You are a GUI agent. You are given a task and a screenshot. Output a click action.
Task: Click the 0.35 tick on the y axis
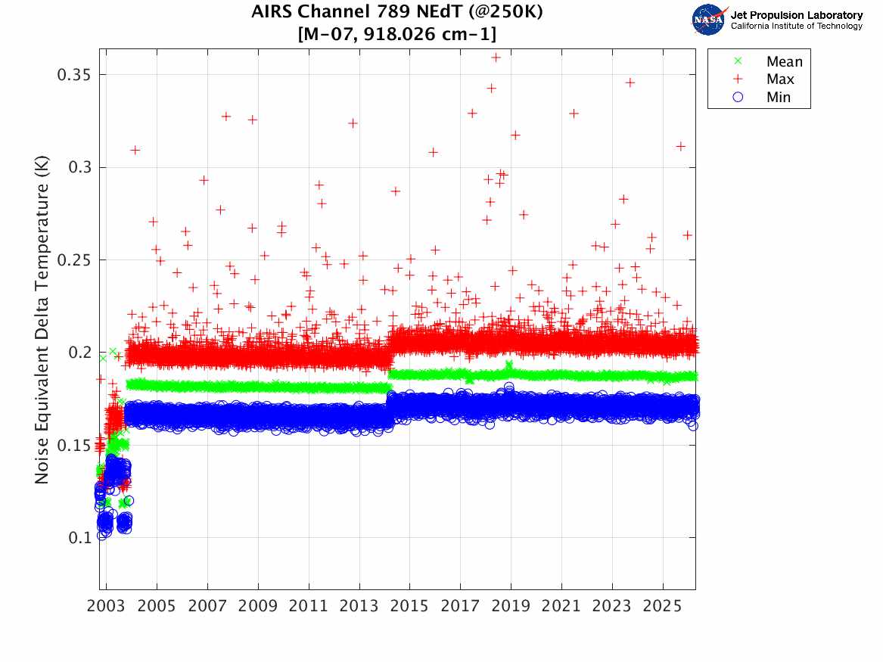(74, 75)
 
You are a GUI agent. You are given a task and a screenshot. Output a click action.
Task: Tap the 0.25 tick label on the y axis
(74, 260)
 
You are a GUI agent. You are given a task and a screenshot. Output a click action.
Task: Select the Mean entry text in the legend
(784, 62)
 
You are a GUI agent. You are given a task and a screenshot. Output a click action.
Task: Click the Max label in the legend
(780, 79)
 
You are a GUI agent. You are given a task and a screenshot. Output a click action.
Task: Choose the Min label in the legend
(779, 97)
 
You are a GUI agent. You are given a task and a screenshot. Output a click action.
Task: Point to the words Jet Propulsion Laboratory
(796, 15)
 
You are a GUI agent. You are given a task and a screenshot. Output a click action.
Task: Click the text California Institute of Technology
(796, 26)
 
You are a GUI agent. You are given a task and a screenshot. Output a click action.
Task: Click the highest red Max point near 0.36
(496, 57)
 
